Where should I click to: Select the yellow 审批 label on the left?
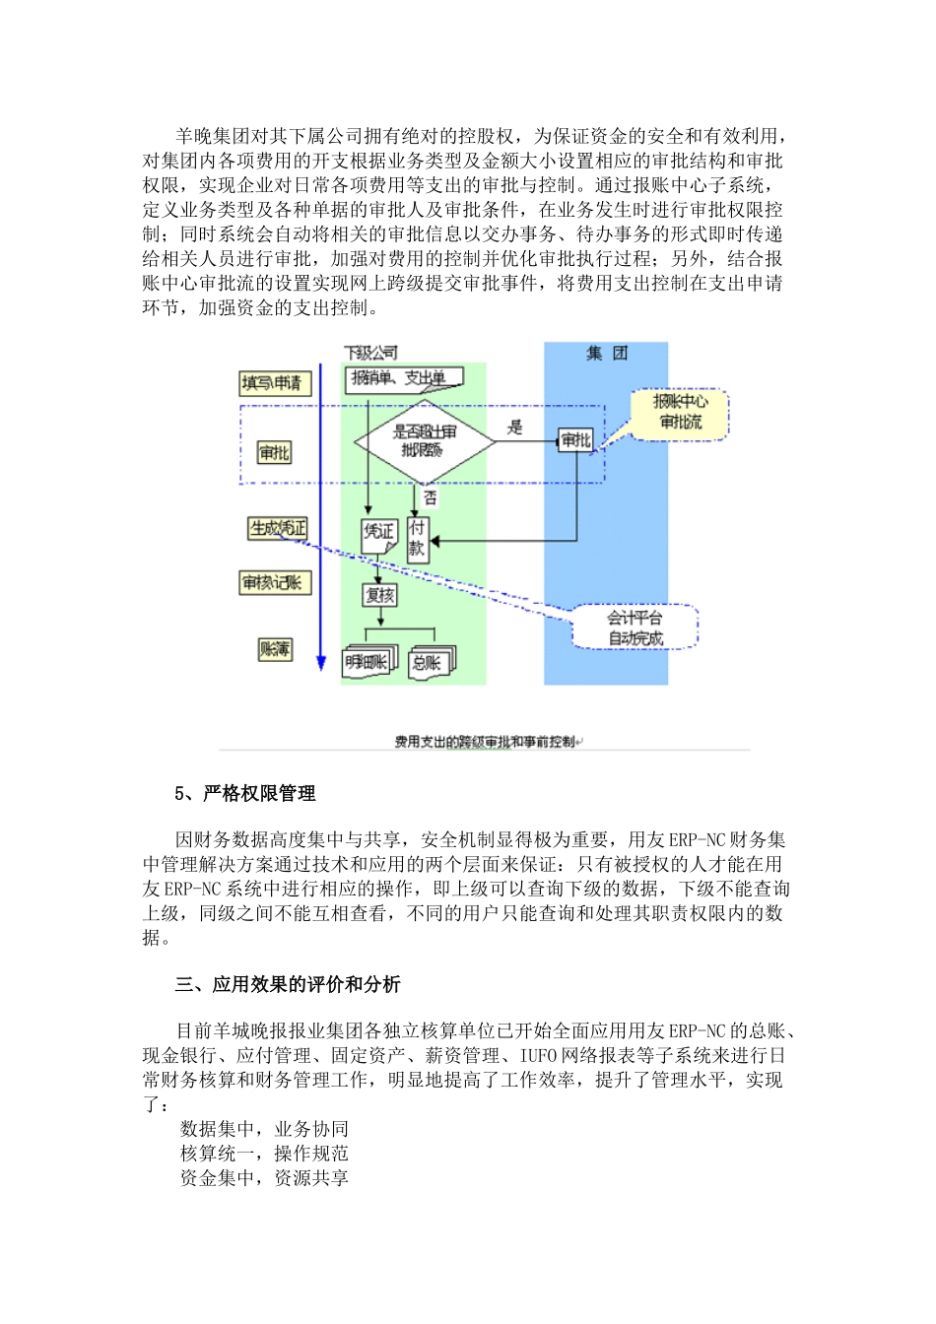(274, 452)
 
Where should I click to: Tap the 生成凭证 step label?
(278, 529)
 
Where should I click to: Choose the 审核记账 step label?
(275, 583)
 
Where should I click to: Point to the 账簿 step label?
(275, 648)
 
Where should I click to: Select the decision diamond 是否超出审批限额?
(424, 440)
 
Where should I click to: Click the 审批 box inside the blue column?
(575, 440)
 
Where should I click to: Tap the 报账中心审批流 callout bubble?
(680, 413)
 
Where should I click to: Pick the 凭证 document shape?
(379, 533)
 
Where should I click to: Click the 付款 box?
(418, 539)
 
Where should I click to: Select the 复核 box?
(379, 595)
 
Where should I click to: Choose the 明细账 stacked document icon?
(367, 662)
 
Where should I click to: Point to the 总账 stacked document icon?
(431, 662)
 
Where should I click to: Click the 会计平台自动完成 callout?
(635, 628)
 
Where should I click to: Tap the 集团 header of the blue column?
(606, 353)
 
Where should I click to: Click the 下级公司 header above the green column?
(371, 353)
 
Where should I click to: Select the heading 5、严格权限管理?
(245, 794)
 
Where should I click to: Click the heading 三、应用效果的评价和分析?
(288, 984)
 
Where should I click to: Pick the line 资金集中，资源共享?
(264, 1178)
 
